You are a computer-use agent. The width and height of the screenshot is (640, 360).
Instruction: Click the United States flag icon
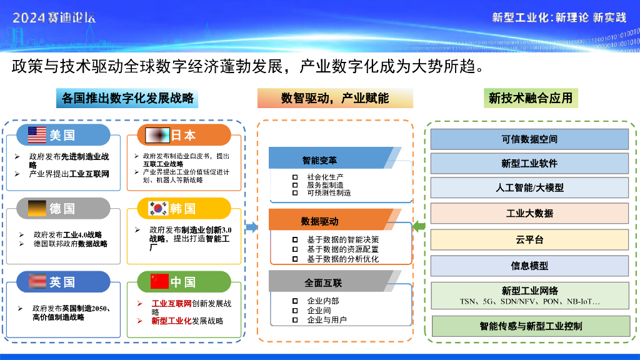37,135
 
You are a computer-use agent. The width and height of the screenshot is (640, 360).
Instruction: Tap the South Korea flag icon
159,209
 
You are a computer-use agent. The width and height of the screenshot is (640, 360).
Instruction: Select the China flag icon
159,281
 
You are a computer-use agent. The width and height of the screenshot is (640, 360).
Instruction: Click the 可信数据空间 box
529,139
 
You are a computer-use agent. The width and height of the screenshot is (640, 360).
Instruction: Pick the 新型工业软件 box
529,163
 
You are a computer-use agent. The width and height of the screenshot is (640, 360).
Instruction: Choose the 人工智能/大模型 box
529,187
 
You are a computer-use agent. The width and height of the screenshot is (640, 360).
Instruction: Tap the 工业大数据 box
529,213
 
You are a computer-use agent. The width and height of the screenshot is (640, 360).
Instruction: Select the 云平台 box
529,239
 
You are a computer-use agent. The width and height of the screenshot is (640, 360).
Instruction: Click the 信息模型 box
529,266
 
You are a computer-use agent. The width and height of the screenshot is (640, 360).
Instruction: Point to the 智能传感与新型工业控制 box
531,326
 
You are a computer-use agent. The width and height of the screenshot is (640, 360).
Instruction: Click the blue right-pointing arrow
252,227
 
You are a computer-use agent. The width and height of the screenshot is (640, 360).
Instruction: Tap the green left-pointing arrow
419,226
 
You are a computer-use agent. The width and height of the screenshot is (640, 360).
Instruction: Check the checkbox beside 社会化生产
295,177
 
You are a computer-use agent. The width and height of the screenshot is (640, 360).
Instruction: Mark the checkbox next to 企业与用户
295,320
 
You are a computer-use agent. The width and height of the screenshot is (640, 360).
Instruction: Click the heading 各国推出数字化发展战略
127,98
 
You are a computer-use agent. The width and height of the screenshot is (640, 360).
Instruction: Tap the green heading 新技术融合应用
531,98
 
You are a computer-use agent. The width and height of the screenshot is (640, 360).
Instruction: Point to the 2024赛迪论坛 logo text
54,17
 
